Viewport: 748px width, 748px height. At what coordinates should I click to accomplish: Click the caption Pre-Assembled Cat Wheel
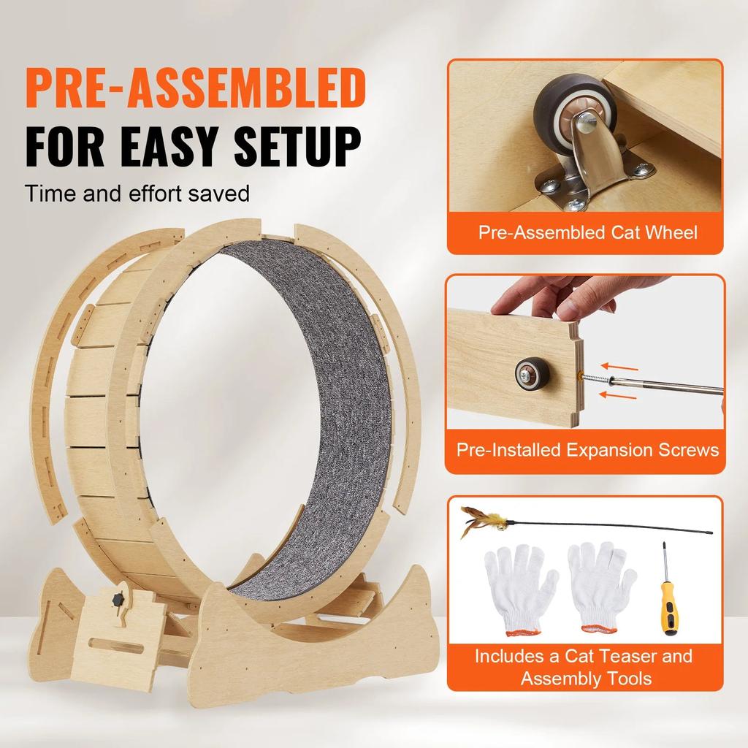click(x=587, y=232)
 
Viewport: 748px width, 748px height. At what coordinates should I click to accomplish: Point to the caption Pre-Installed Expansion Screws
click(x=587, y=449)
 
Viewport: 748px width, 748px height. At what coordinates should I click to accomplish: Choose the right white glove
click(x=600, y=584)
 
